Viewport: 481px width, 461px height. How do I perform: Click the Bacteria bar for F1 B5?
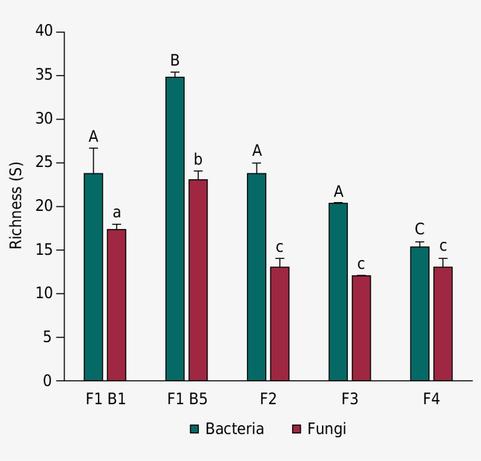pos(175,228)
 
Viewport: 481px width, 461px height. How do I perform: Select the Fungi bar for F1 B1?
pos(116,305)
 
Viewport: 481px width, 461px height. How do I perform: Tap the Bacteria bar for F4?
pos(419,313)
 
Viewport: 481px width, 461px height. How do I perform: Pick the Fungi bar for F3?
pos(361,328)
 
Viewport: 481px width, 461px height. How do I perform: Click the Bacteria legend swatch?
pos(195,429)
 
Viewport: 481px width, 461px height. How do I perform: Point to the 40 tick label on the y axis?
pos(44,31)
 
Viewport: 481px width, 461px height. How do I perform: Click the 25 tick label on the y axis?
pos(44,162)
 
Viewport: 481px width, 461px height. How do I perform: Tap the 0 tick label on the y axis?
pos(48,381)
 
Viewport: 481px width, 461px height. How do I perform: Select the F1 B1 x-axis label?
pos(106,399)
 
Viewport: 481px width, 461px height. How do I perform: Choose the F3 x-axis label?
pos(350,399)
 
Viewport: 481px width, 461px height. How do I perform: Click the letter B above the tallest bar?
pos(175,60)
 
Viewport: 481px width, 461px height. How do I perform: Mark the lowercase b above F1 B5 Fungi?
pos(198,159)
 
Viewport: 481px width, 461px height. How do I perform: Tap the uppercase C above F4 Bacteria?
pos(419,229)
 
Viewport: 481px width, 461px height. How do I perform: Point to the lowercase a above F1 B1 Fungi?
pos(117,213)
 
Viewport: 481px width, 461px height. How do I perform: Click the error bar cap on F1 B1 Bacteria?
pos(93,148)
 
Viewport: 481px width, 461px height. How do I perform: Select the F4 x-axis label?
pos(431,399)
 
